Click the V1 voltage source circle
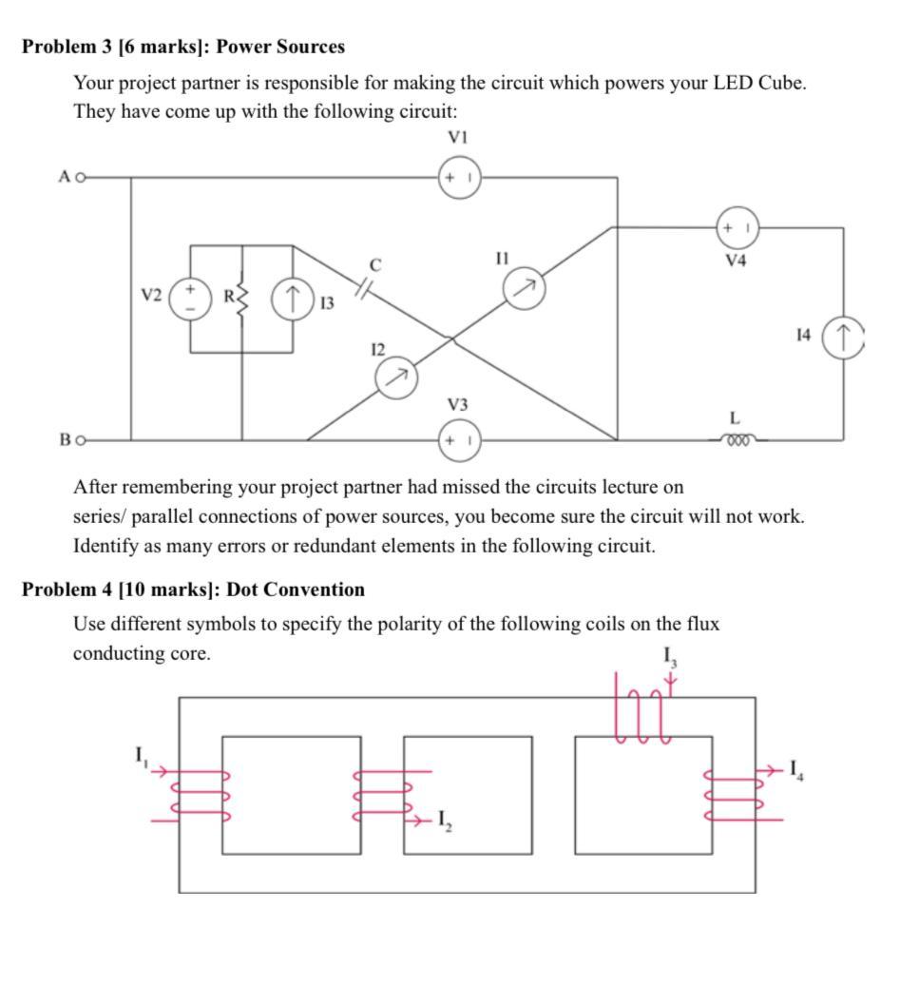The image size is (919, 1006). coord(460,178)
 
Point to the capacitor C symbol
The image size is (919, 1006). coord(364,285)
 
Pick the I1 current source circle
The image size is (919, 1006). coord(526,288)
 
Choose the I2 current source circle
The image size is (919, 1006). coord(397,378)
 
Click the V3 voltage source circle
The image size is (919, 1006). coord(459,440)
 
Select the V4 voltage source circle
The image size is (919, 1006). coord(737,228)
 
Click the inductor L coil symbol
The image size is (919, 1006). coord(737,440)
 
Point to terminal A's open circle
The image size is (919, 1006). coord(81,177)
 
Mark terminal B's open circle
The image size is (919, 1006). coord(81,440)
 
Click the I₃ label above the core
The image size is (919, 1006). coord(670,657)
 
